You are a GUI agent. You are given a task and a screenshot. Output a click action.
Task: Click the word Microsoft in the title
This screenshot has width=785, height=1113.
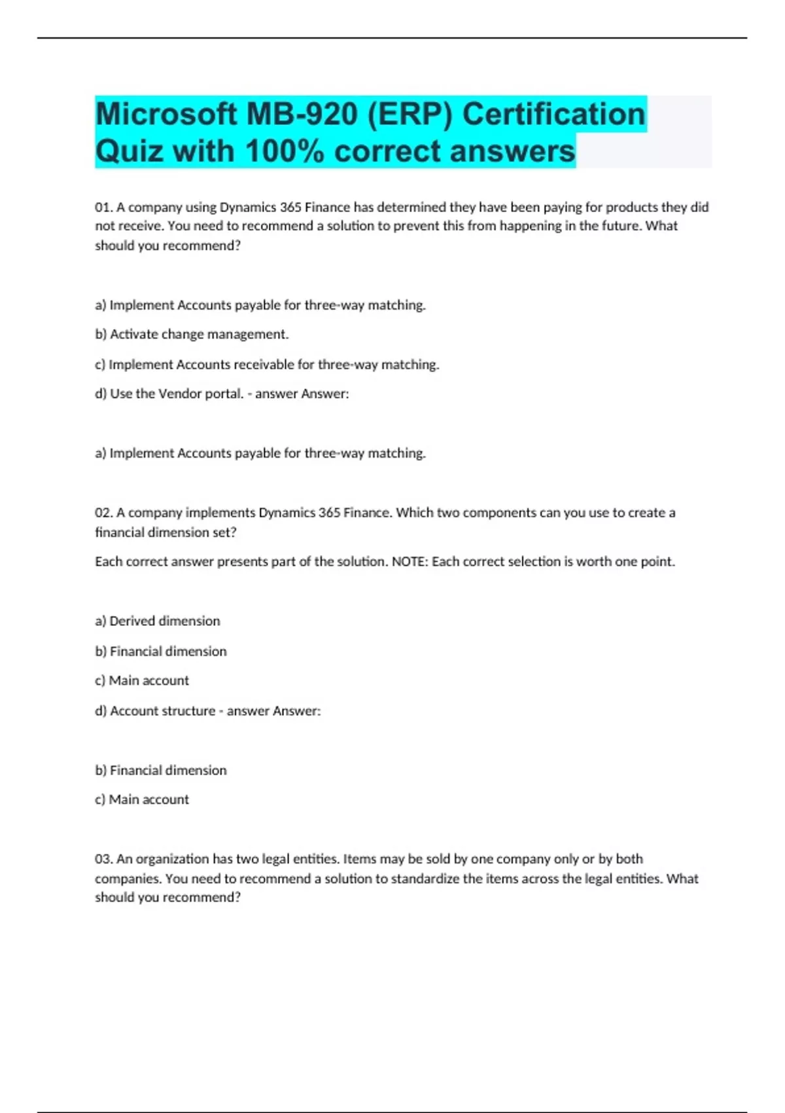pyautogui.click(x=166, y=115)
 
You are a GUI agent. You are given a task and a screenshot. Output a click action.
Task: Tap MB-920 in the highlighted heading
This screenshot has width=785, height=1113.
pyautogui.click(x=302, y=115)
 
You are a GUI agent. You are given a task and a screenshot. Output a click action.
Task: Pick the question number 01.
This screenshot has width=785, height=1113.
pyautogui.click(x=103, y=208)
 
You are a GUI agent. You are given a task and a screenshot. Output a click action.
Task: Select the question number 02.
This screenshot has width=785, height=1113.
pyautogui.click(x=103, y=513)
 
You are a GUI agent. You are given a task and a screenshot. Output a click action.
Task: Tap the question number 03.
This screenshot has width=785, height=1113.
pyautogui.click(x=103, y=859)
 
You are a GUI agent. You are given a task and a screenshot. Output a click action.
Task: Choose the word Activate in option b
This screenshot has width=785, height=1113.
pyautogui.click(x=134, y=335)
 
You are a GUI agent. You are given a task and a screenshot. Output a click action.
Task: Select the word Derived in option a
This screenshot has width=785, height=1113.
pyautogui.click(x=132, y=621)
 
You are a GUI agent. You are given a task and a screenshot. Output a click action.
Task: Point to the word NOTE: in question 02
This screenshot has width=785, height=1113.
pyautogui.click(x=410, y=562)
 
